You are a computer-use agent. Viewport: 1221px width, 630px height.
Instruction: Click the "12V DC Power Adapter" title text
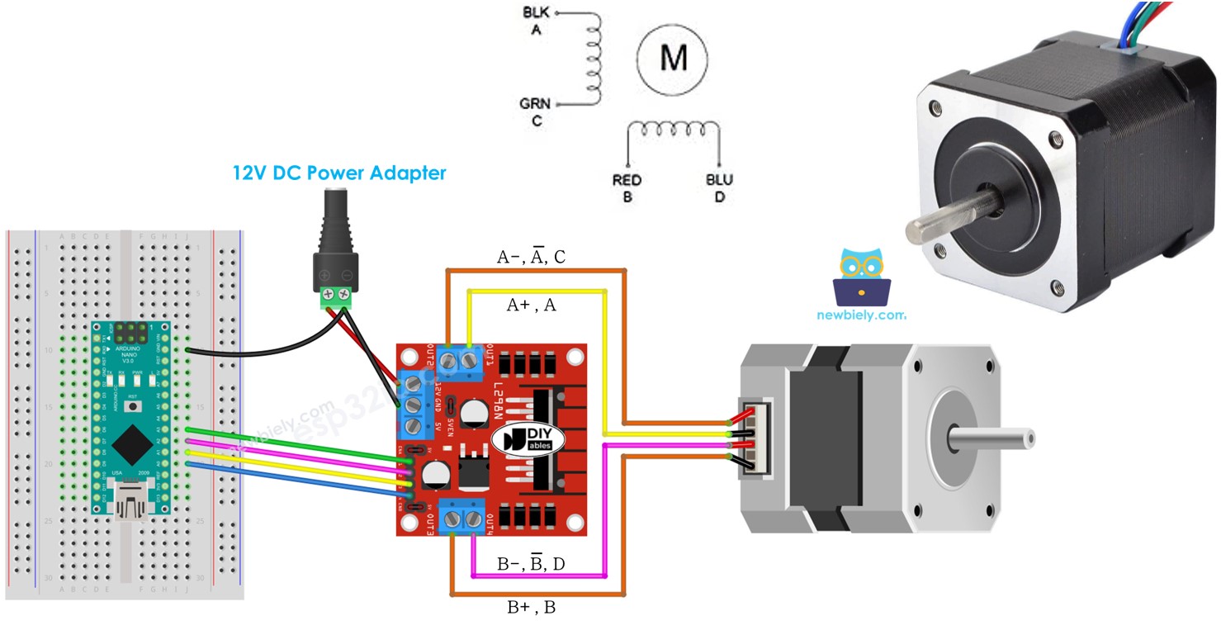(x=338, y=173)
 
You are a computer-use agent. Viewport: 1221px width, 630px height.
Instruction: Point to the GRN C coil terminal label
(x=535, y=112)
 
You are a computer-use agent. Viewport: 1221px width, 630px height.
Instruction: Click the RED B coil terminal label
(x=627, y=188)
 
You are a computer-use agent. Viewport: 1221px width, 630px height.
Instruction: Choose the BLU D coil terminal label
(x=719, y=188)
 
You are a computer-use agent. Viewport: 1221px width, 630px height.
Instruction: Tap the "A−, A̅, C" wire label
(x=531, y=258)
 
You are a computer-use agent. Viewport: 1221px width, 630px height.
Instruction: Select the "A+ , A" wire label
(x=531, y=306)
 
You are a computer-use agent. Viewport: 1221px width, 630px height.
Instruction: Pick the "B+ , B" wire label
(x=531, y=609)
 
